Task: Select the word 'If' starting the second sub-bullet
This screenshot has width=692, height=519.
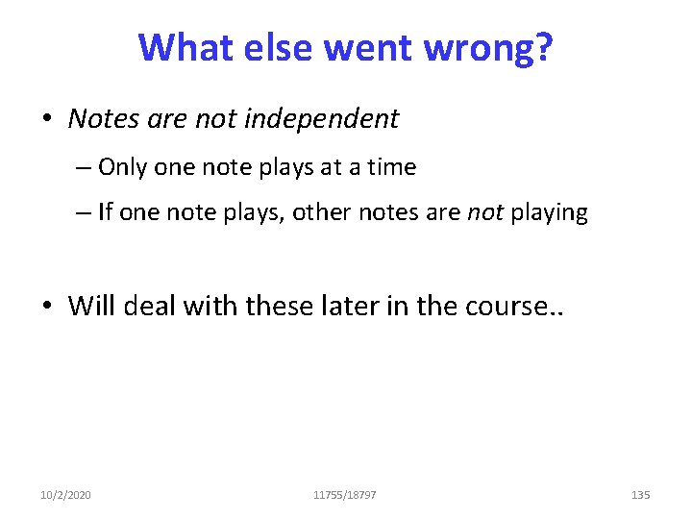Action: click(105, 212)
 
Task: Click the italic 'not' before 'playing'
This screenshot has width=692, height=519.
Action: click(485, 212)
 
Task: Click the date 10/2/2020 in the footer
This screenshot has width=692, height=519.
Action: click(66, 495)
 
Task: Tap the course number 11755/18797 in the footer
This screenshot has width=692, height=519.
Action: click(345, 495)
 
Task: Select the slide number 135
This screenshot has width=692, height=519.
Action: click(640, 495)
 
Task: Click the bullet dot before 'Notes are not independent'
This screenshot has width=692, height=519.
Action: click(47, 119)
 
